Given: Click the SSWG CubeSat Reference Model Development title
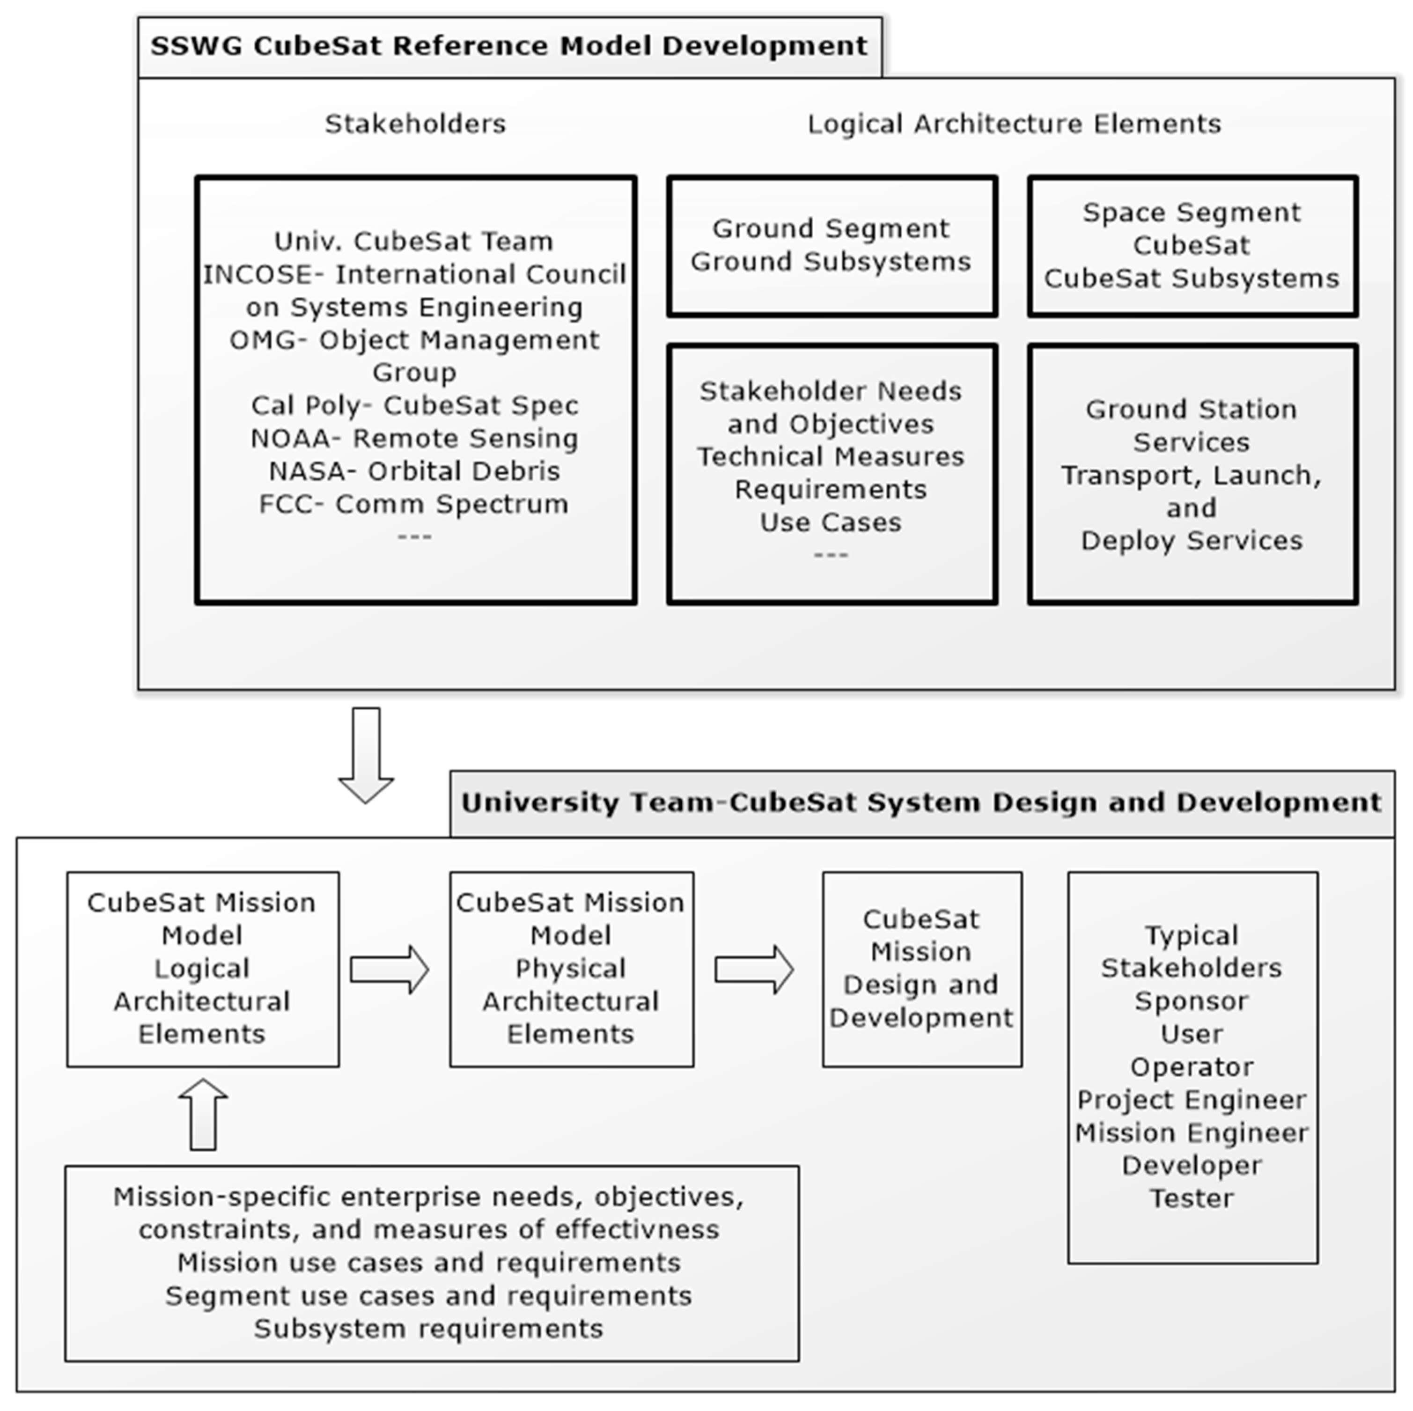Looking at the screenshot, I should coord(509,46).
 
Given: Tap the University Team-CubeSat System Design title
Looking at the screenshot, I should coord(921,802).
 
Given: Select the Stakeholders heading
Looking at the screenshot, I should coord(415,124).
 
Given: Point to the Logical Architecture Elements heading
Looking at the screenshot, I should coord(1014,124).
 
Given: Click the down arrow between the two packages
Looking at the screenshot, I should coord(366,753).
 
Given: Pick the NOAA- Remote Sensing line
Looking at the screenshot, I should coord(414,438).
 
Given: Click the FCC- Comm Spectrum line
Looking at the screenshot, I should coord(414,504).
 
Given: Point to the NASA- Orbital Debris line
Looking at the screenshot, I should coord(414,471).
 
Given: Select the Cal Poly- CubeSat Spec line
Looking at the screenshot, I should coord(414,405).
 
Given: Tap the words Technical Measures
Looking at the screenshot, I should coord(831,456).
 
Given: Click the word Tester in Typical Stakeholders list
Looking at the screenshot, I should coord(1192,1198).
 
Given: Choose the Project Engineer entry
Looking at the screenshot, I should coord(1192,1099).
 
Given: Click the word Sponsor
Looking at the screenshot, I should coord(1192,1000).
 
